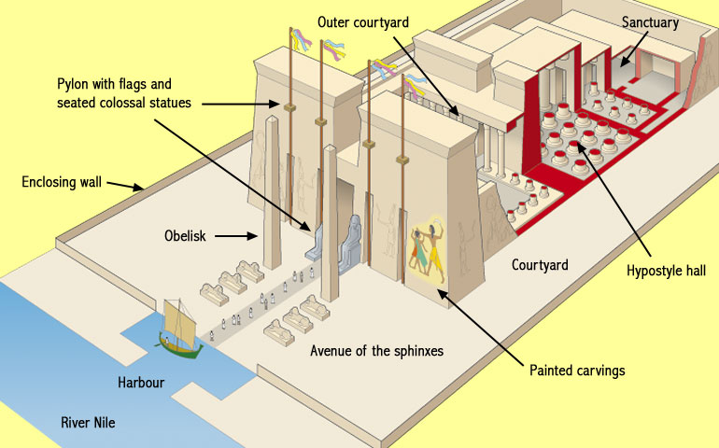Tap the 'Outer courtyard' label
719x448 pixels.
tap(362, 21)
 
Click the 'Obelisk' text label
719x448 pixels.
tap(184, 237)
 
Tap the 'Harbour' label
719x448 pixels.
tap(141, 383)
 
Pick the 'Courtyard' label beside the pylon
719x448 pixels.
tap(540, 265)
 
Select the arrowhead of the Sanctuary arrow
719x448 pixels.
tap(615, 64)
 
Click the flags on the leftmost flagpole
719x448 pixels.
tap(299, 40)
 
